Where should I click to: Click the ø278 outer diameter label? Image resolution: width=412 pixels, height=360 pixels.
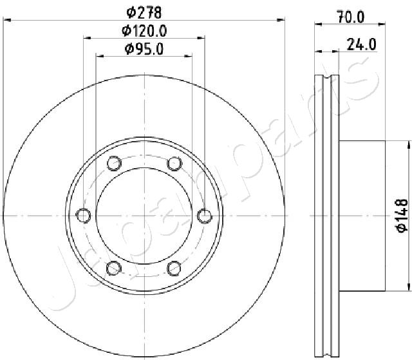pyautogui.click(x=144, y=12)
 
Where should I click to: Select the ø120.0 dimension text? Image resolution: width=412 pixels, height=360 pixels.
pyautogui.click(x=144, y=31)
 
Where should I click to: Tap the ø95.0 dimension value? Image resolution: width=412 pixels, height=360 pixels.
pyautogui.click(x=144, y=49)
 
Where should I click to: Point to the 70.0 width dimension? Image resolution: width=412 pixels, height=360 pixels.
pyautogui.click(x=351, y=17)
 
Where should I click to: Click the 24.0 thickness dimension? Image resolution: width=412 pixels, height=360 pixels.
pyautogui.click(x=362, y=44)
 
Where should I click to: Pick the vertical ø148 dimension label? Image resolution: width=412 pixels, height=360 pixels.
pyautogui.click(x=402, y=216)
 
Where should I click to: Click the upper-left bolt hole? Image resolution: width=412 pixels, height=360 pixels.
pyautogui.click(x=114, y=163)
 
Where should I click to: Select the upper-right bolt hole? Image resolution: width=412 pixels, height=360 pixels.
pyautogui.click(x=174, y=163)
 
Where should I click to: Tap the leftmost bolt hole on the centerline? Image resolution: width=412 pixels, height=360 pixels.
pyautogui.click(x=83, y=216)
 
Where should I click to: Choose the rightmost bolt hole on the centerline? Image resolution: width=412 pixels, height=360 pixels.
pyautogui.click(x=205, y=216)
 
